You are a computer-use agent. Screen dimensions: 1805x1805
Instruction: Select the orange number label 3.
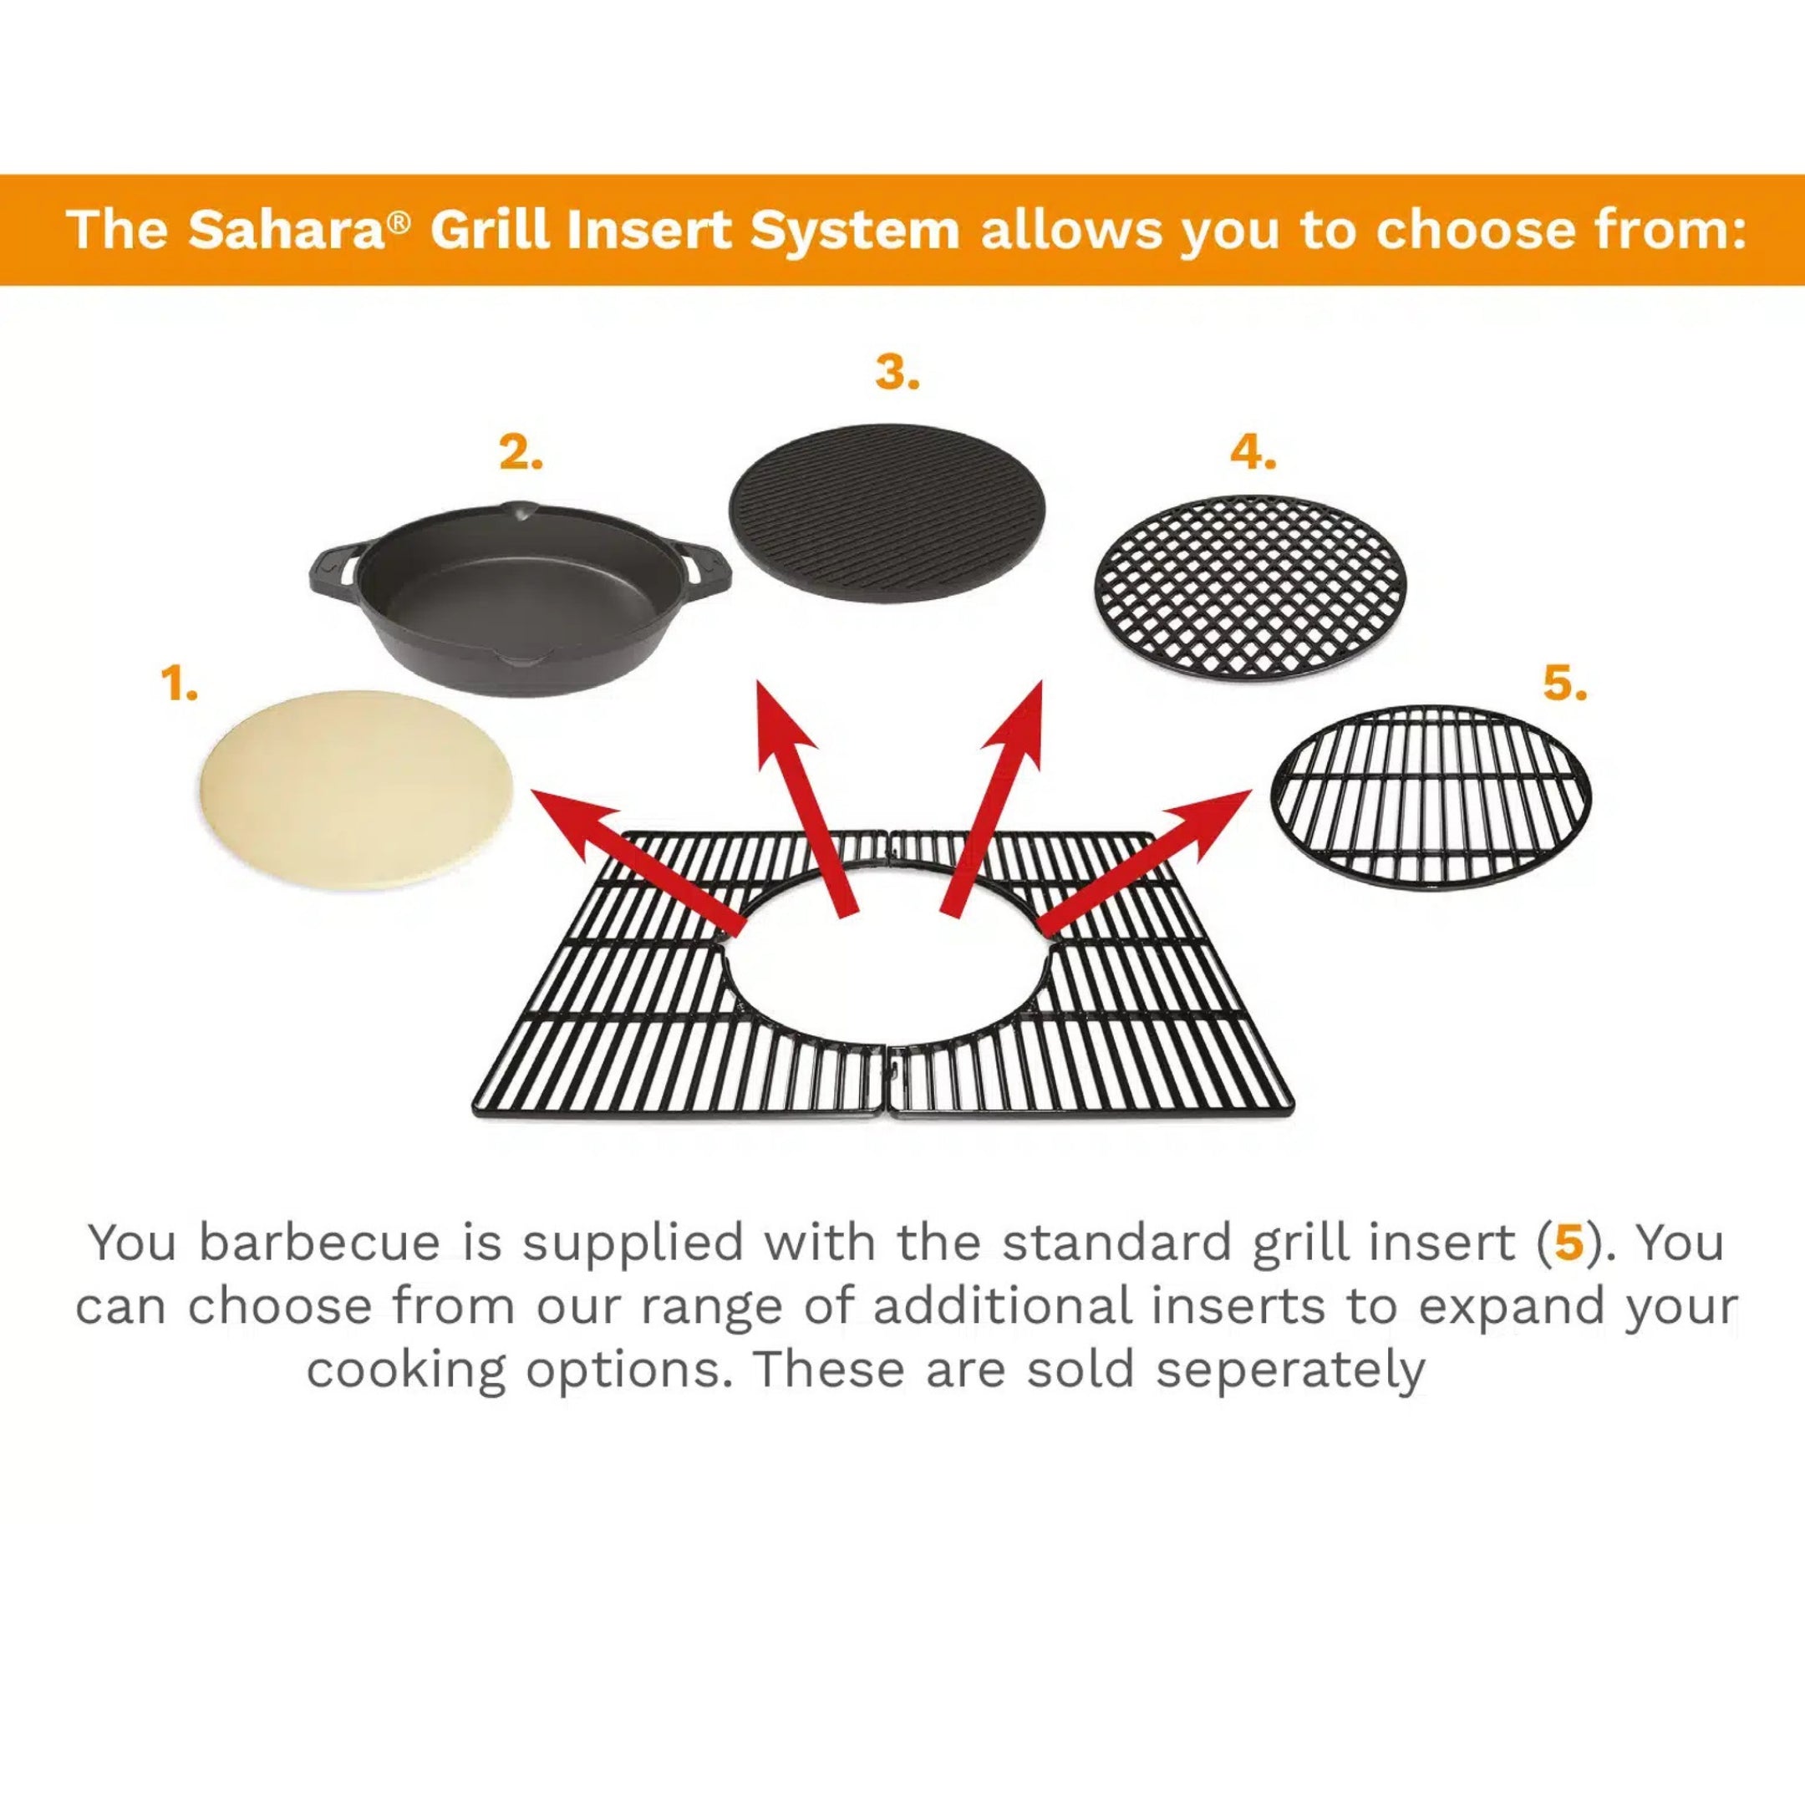[897, 373]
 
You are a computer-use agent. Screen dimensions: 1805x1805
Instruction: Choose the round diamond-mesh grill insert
[1250, 587]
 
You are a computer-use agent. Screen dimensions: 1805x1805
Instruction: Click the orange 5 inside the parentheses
[1569, 1243]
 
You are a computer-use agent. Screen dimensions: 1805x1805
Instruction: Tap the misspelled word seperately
[1289, 1370]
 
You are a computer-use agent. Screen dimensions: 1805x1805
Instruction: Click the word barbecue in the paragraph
[318, 1243]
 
